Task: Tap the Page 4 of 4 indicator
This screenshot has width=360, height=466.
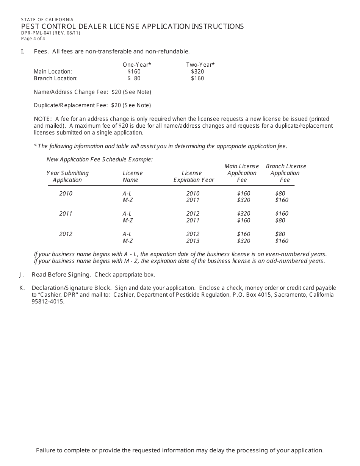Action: click(33, 38)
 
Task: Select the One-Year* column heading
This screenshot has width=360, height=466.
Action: click(137, 65)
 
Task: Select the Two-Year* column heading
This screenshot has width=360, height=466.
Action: click(200, 65)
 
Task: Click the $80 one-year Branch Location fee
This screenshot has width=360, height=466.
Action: click(134, 78)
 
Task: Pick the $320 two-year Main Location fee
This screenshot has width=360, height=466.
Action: click(197, 71)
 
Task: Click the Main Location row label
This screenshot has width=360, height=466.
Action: click(53, 71)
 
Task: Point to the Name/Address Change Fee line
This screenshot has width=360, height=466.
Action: click(92, 92)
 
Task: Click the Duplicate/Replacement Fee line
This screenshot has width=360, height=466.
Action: click(92, 105)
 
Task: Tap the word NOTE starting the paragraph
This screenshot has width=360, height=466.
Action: click(42, 119)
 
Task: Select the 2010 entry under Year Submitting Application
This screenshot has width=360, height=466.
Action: click(66, 194)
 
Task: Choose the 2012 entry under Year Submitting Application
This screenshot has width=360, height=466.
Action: click(66, 234)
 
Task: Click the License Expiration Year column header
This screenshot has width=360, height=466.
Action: click(194, 177)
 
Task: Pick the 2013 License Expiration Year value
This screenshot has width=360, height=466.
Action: click(193, 241)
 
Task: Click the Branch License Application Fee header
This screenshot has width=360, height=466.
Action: click(286, 173)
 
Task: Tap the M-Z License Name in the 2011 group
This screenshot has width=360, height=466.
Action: click(128, 220)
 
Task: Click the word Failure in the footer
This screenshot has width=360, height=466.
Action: click(45, 450)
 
